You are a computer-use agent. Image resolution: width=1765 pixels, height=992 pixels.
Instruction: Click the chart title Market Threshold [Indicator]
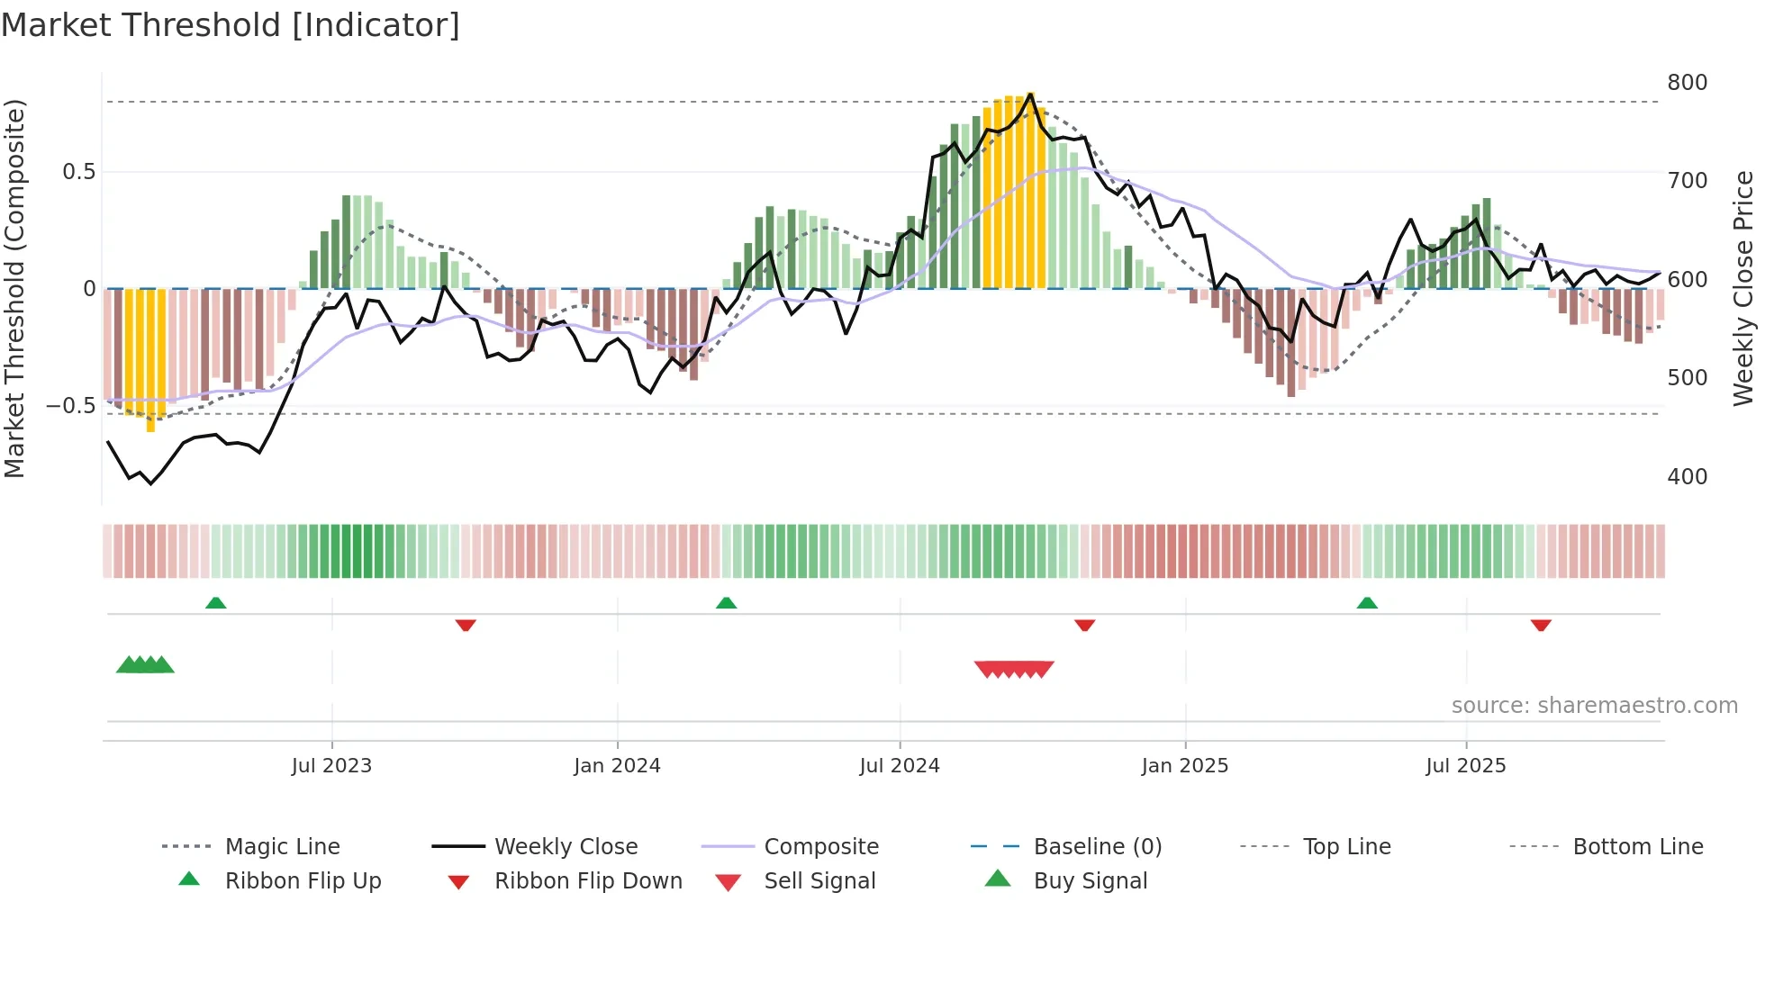[x=231, y=25]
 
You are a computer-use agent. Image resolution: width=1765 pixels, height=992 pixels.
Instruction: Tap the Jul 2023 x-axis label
[x=331, y=766]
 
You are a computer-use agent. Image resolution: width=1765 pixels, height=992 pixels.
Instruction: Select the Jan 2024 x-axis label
[x=617, y=766]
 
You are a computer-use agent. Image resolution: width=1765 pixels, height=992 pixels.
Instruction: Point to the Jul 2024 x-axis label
[x=899, y=766]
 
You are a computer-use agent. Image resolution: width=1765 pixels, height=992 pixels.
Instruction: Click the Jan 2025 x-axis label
[x=1184, y=766]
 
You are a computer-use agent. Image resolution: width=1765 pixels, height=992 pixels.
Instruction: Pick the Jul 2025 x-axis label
[x=1465, y=766]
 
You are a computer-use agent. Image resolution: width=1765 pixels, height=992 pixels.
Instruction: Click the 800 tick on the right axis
[x=1687, y=83]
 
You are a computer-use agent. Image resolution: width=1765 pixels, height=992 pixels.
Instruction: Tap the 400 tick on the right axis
[x=1687, y=477]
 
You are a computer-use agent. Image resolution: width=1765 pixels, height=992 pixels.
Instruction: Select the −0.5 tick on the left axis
[x=70, y=406]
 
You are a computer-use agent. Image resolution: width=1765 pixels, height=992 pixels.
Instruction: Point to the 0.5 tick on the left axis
[x=78, y=172]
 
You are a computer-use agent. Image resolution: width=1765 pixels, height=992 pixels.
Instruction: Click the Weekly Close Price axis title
[x=1743, y=288]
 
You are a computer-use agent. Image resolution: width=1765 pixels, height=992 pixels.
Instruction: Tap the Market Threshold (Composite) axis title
[x=14, y=288]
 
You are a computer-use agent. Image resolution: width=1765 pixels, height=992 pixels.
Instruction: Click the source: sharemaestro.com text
[x=1594, y=706]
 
